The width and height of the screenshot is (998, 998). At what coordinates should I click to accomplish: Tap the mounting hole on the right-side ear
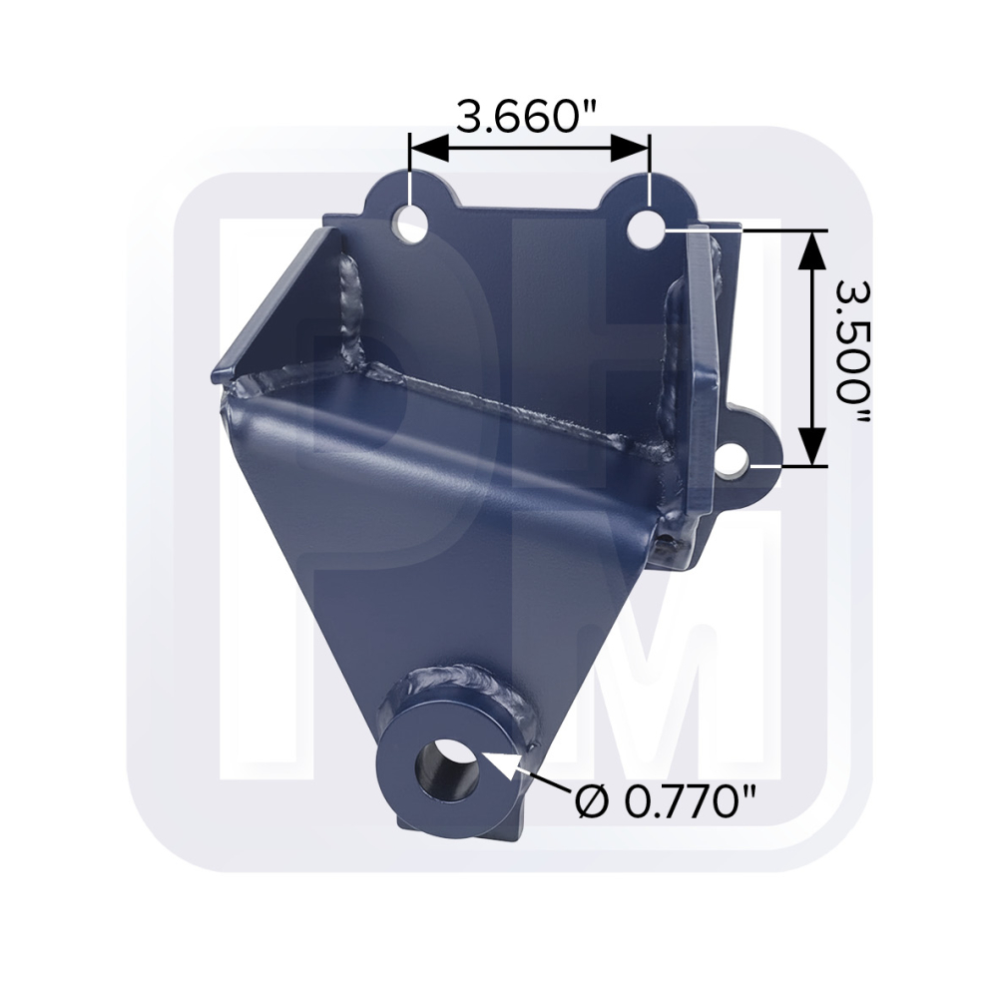[736, 462]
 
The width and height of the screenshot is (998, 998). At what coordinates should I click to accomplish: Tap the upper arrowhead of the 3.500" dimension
[813, 249]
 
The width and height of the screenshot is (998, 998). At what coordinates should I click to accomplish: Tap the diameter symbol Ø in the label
[589, 798]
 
